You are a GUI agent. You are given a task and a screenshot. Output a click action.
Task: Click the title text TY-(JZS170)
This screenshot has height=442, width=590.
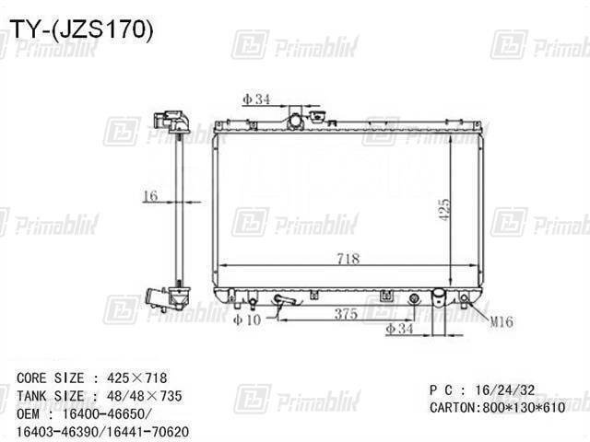click(81, 29)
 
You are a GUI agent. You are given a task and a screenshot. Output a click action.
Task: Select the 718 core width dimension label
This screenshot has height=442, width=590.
click(348, 258)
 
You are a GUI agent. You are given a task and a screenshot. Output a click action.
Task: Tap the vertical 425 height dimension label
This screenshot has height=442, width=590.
click(444, 210)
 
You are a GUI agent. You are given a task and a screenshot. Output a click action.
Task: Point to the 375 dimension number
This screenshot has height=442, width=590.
click(346, 313)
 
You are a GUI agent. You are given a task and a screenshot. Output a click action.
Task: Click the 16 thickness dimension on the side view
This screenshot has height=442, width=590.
click(151, 195)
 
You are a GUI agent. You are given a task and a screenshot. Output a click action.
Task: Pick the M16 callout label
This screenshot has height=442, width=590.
click(501, 321)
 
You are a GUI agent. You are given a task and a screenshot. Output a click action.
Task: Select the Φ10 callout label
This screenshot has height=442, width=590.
click(247, 320)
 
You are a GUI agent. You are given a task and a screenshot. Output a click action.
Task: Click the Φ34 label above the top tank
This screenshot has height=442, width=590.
click(256, 99)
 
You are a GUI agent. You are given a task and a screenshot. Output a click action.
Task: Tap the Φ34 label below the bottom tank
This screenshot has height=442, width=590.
click(399, 329)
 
